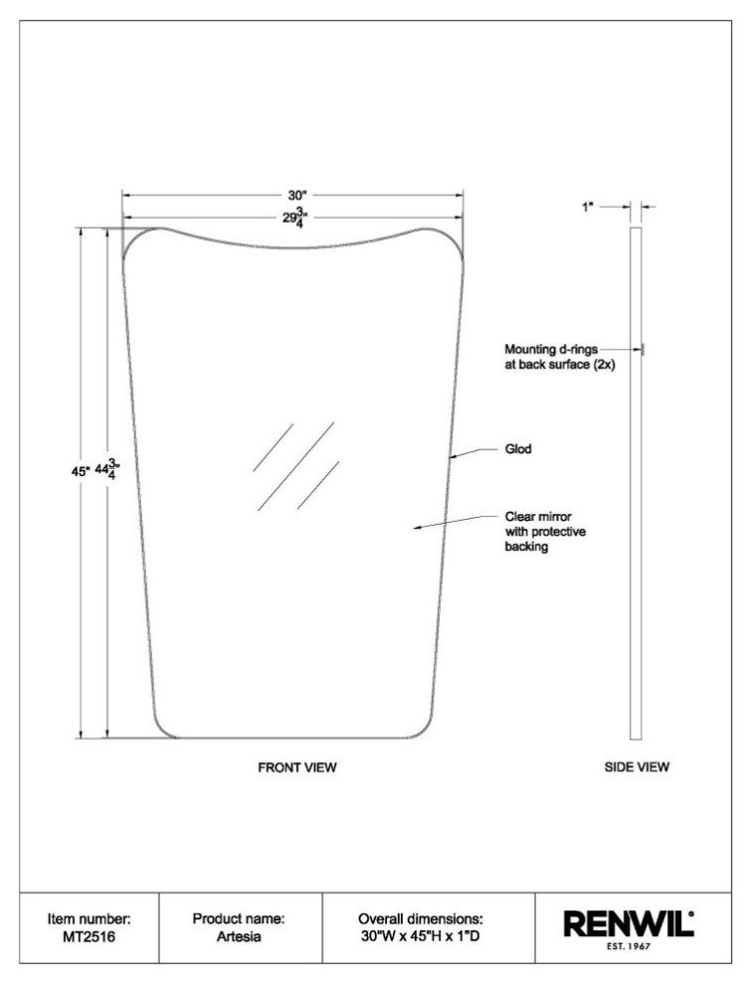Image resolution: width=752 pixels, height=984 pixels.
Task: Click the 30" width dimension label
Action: coord(296,195)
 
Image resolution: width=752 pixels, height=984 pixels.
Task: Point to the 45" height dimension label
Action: coord(82,471)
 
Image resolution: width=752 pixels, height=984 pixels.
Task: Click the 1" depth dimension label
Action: coord(588,207)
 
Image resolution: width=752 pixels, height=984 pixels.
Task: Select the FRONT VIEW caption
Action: coord(297,767)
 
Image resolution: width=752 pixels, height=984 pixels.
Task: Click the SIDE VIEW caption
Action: coord(637,766)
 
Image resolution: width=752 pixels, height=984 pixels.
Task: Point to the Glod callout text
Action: coord(518,448)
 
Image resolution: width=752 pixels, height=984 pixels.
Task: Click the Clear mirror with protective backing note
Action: coord(545,532)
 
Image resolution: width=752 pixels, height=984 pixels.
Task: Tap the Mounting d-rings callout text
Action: coord(560,357)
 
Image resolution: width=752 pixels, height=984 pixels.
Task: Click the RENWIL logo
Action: coord(629,923)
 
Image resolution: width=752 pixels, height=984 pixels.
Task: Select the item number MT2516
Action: coord(90,937)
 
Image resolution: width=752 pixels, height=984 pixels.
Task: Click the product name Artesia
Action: coord(239,937)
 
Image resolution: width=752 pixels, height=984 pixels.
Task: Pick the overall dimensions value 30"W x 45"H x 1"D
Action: coord(421,937)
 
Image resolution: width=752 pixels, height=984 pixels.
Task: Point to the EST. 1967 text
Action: coord(629,946)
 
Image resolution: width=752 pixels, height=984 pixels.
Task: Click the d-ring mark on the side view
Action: coord(644,349)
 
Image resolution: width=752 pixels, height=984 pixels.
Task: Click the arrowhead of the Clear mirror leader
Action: coord(416,528)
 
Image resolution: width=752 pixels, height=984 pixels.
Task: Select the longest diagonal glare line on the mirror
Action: coord(295,466)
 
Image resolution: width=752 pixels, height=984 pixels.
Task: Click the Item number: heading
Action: coord(90,918)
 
